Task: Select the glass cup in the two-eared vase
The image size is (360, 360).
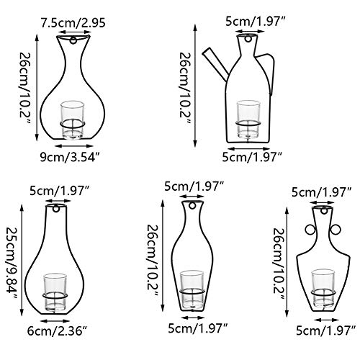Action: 323,284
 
